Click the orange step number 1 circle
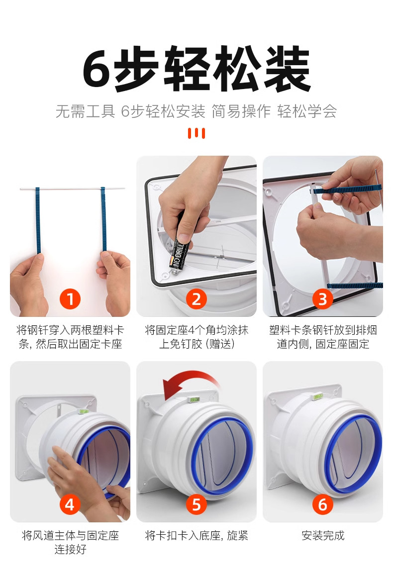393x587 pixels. (70, 299)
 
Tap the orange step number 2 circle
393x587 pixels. (196, 299)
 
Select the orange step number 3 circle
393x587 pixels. (323, 299)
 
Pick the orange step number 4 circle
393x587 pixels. (70, 504)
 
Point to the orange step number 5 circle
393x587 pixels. (196, 504)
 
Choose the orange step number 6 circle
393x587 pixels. (323, 504)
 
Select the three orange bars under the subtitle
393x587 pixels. (196, 133)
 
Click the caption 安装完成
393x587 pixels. (323, 535)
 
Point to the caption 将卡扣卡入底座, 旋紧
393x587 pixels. (196, 535)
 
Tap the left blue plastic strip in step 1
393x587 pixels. (37, 220)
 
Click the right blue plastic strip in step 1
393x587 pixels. (103, 219)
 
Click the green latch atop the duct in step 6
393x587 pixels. (318, 395)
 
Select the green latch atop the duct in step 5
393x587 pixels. (194, 400)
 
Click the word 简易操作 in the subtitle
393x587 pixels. (241, 111)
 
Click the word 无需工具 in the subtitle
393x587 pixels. (86, 111)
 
